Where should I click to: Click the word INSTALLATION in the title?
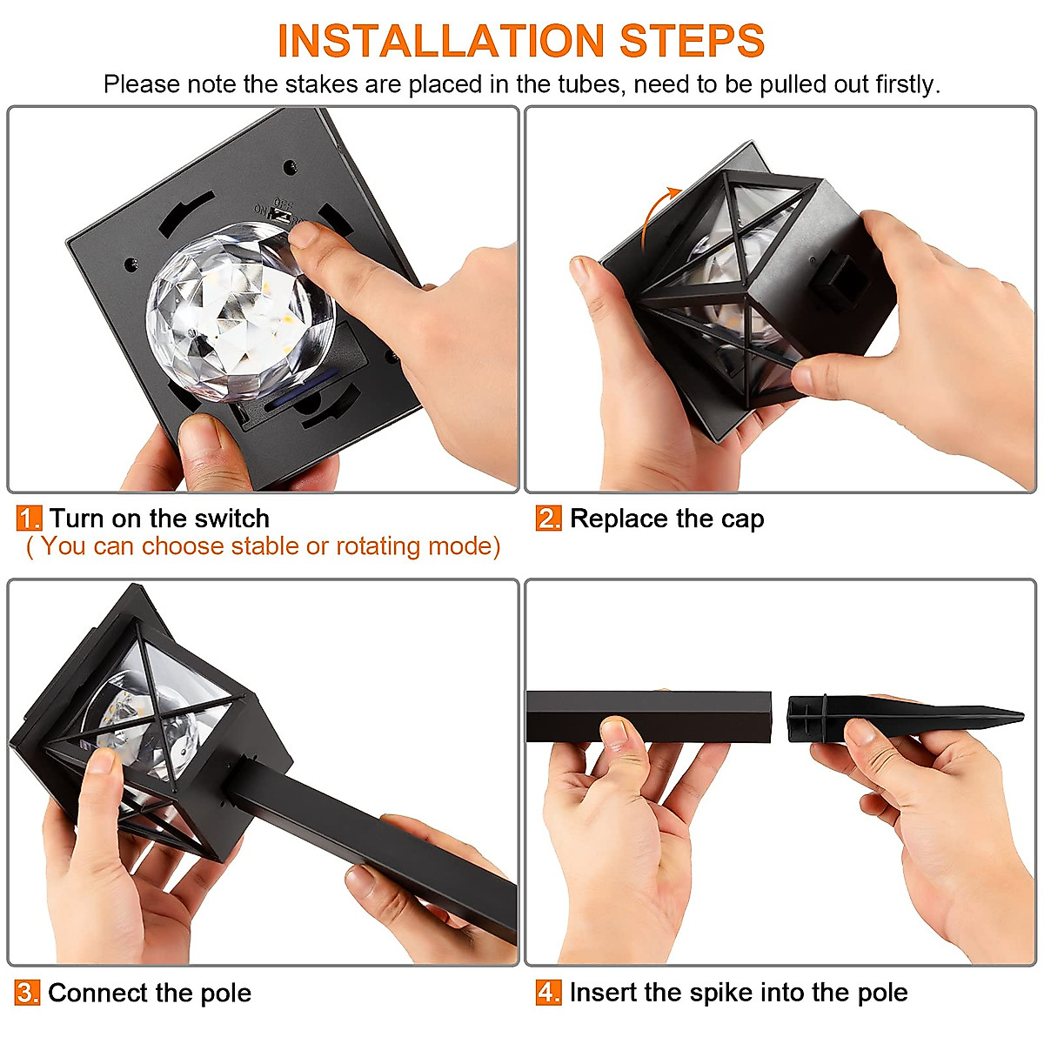coord(440,41)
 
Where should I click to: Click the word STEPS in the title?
coord(692,41)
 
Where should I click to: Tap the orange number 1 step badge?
coord(30,519)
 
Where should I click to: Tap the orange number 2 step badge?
coord(548,519)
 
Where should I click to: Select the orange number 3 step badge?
coord(28,993)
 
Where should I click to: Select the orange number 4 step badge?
coord(548,992)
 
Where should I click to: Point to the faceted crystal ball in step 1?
coord(240,311)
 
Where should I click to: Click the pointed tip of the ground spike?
coord(1021,716)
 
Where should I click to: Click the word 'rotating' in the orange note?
coord(378,546)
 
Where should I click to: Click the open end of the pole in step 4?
coord(766,716)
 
